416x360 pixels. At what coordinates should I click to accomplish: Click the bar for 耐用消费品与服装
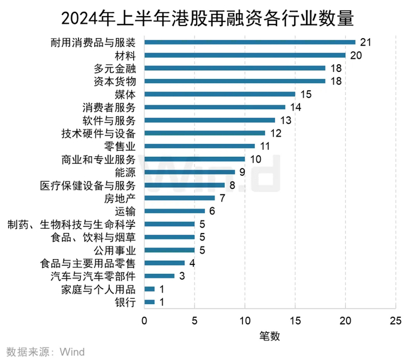[250, 42]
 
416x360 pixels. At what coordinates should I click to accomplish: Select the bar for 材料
[245, 55]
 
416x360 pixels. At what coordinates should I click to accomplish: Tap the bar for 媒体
[220, 94]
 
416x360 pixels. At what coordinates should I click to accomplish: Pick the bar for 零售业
[200, 146]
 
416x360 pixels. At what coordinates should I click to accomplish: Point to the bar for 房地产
[179, 198]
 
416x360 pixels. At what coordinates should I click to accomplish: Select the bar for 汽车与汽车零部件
[159, 276]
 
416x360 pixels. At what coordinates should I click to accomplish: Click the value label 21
[367, 42]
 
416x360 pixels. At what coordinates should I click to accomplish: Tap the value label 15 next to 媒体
[306, 94]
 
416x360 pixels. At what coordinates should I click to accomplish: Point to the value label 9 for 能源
[242, 172]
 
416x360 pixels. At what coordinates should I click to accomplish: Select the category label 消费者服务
[109, 107]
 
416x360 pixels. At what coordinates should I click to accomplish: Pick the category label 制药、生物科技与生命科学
[72, 224]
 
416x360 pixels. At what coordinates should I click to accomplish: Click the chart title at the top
[208, 18]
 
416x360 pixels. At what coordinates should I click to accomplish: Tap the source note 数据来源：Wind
[45, 352]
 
